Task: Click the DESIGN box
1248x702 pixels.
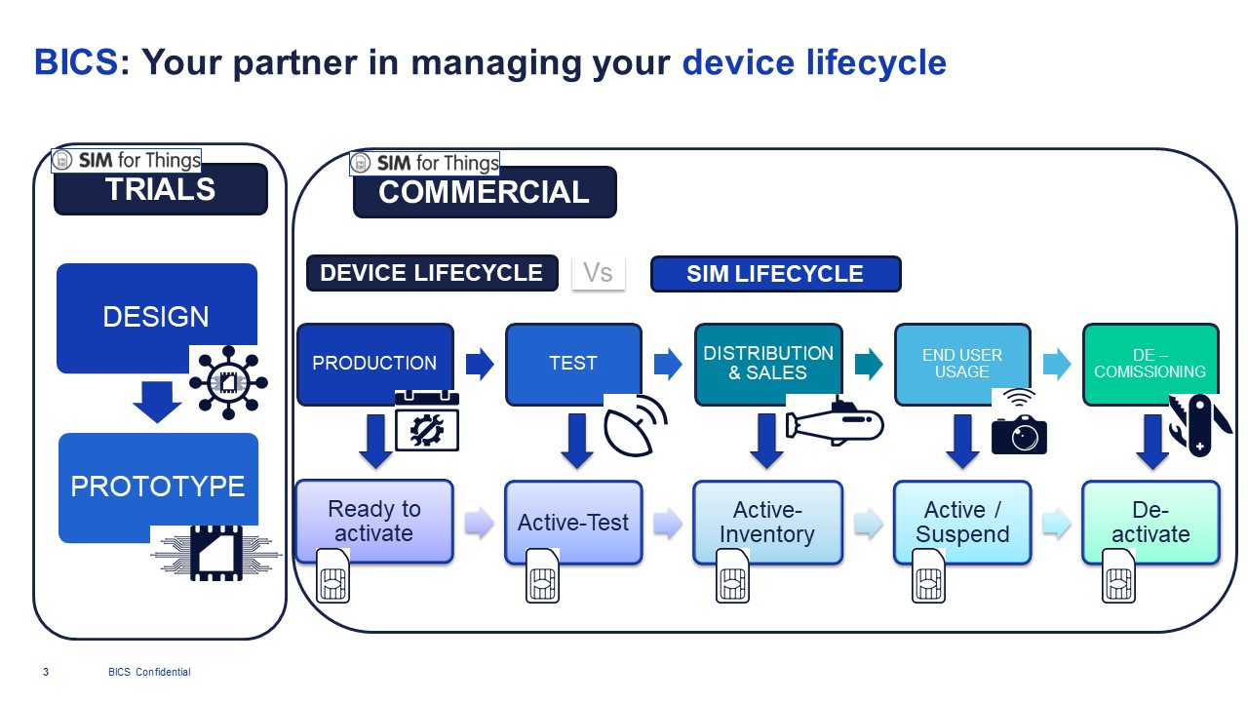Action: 156,317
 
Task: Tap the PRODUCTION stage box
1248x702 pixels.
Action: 374,363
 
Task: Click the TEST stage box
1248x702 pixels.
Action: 573,363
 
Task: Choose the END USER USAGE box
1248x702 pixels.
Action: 961,363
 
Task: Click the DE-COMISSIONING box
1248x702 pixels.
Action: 1150,363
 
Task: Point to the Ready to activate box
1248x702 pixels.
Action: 374,521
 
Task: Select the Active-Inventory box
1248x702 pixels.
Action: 767,522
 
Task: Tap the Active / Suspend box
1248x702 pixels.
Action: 961,522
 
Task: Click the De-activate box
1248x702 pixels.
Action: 1150,522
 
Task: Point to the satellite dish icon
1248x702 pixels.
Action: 635,427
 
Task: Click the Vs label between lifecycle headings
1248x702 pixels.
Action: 598,273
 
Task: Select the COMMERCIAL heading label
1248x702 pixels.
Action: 484,192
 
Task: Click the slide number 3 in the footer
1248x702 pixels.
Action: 46,672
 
